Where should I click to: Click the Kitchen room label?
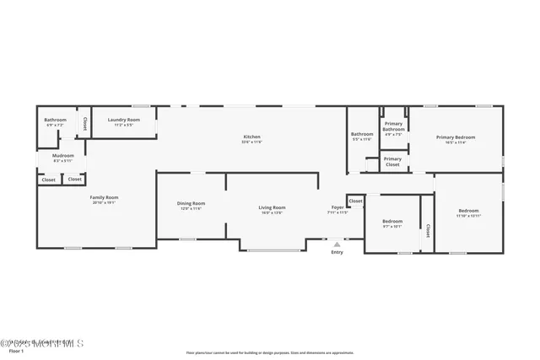pos(251,137)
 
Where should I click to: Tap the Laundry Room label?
pos(123,120)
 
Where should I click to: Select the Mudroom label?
pos(63,155)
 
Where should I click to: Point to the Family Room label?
pos(103,197)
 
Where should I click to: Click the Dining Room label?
pos(191,203)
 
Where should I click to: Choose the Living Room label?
pos(272,207)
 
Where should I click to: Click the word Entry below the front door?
pos(337,252)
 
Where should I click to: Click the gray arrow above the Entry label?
pos(337,244)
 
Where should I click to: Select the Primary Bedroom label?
pos(455,137)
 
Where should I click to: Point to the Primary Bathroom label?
pos(393,127)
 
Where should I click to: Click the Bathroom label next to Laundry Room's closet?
pos(55,120)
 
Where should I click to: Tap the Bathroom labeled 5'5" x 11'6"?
pos(362,134)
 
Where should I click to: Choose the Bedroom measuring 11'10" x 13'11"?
pos(467,211)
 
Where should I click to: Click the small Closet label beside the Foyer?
pos(355,201)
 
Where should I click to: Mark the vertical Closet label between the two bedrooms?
pos(428,230)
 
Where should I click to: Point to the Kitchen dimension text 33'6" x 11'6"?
pos(251,142)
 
